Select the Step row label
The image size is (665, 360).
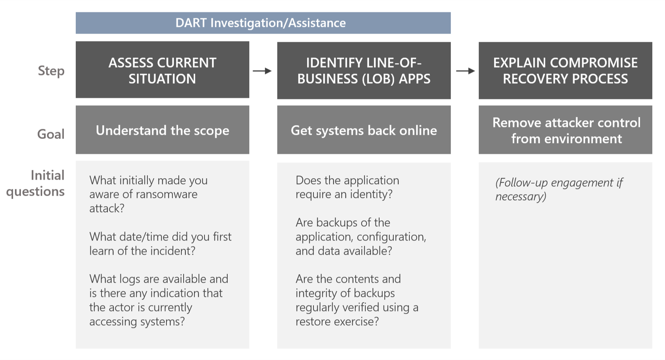pos(51,71)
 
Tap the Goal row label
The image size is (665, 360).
pos(51,134)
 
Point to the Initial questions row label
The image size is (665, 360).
pos(36,183)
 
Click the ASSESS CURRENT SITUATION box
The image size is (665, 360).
pos(162,70)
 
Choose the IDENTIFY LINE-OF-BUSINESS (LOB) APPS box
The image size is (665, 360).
pos(364,71)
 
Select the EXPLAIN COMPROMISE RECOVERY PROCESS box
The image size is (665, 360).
pos(565,71)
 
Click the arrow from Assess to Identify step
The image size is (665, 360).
pos(262,71)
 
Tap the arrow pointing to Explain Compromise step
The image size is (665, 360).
pos(465,71)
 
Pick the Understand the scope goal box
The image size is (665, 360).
pos(162,130)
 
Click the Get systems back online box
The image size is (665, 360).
pos(364,130)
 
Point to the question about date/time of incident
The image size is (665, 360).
pos(160,244)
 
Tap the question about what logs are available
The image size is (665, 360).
pos(159,300)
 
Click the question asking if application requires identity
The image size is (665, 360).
pos(347,187)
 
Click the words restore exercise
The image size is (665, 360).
pos(337,322)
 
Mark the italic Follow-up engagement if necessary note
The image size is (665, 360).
pos(558,189)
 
